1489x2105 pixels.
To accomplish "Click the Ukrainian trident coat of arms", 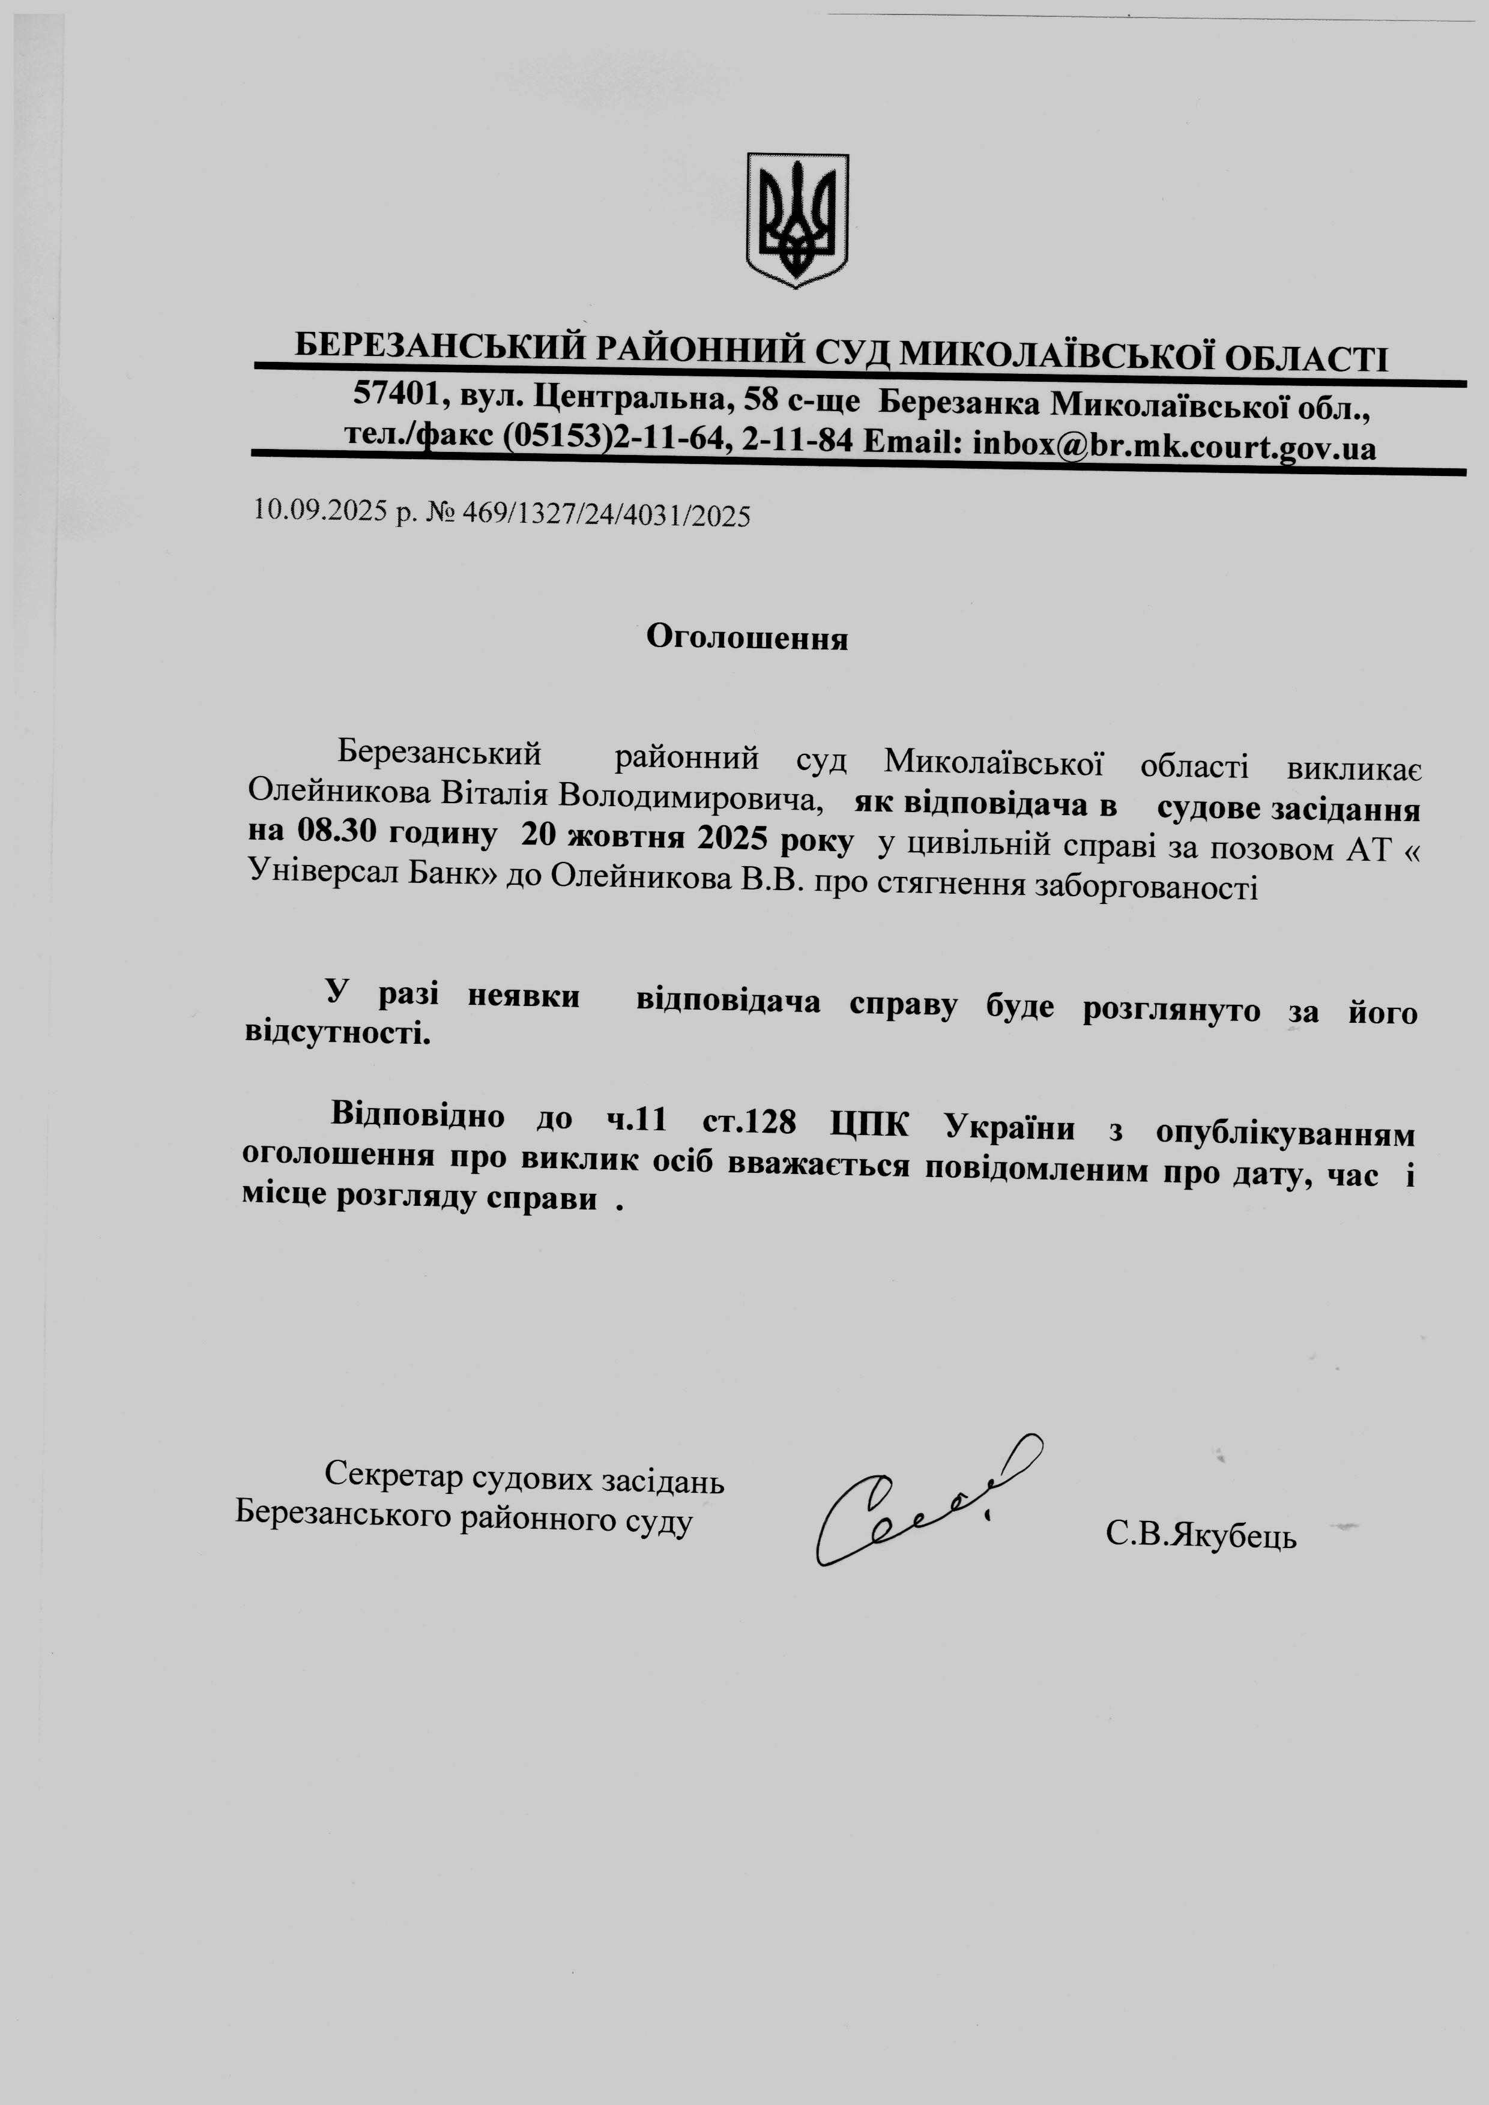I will (797, 220).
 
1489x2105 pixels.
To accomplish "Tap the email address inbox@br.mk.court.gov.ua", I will (1174, 447).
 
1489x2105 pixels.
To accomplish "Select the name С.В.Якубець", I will (1201, 1534).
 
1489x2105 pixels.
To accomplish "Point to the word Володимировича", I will (687, 798).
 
